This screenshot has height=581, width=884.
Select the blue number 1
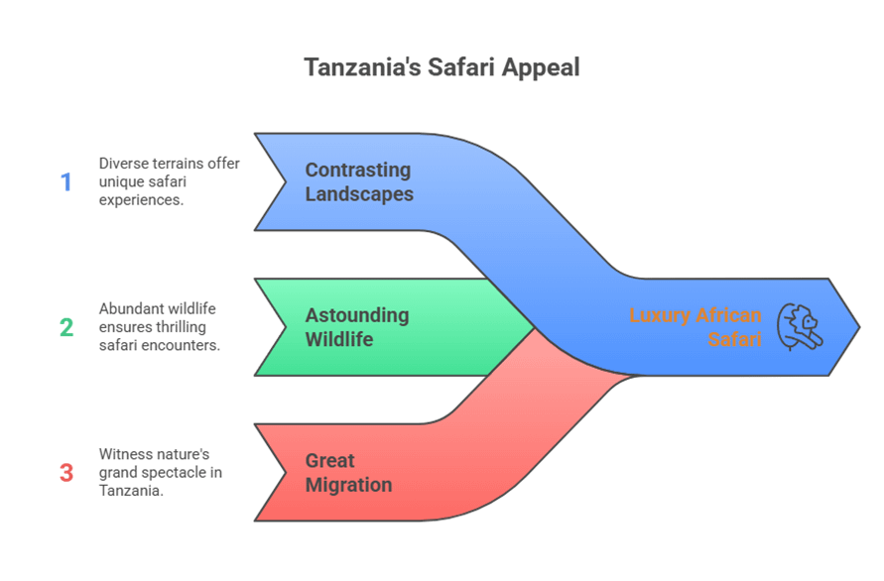pyautogui.click(x=66, y=182)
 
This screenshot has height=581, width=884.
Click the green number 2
pyautogui.click(x=66, y=328)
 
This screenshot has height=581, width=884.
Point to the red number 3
pyautogui.click(x=66, y=473)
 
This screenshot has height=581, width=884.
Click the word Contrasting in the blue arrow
pyautogui.click(x=357, y=170)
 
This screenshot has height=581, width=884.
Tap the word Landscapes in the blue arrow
pyautogui.click(x=359, y=194)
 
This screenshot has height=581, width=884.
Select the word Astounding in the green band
pyautogui.click(x=356, y=315)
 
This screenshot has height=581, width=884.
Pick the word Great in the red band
pyautogui.click(x=330, y=460)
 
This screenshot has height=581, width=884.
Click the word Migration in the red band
pyautogui.click(x=348, y=485)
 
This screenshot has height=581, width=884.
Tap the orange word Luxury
pyautogui.click(x=663, y=316)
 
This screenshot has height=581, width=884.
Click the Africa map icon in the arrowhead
pyautogui.click(x=800, y=328)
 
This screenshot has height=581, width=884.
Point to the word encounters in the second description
pyautogui.click(x=186, y=346)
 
